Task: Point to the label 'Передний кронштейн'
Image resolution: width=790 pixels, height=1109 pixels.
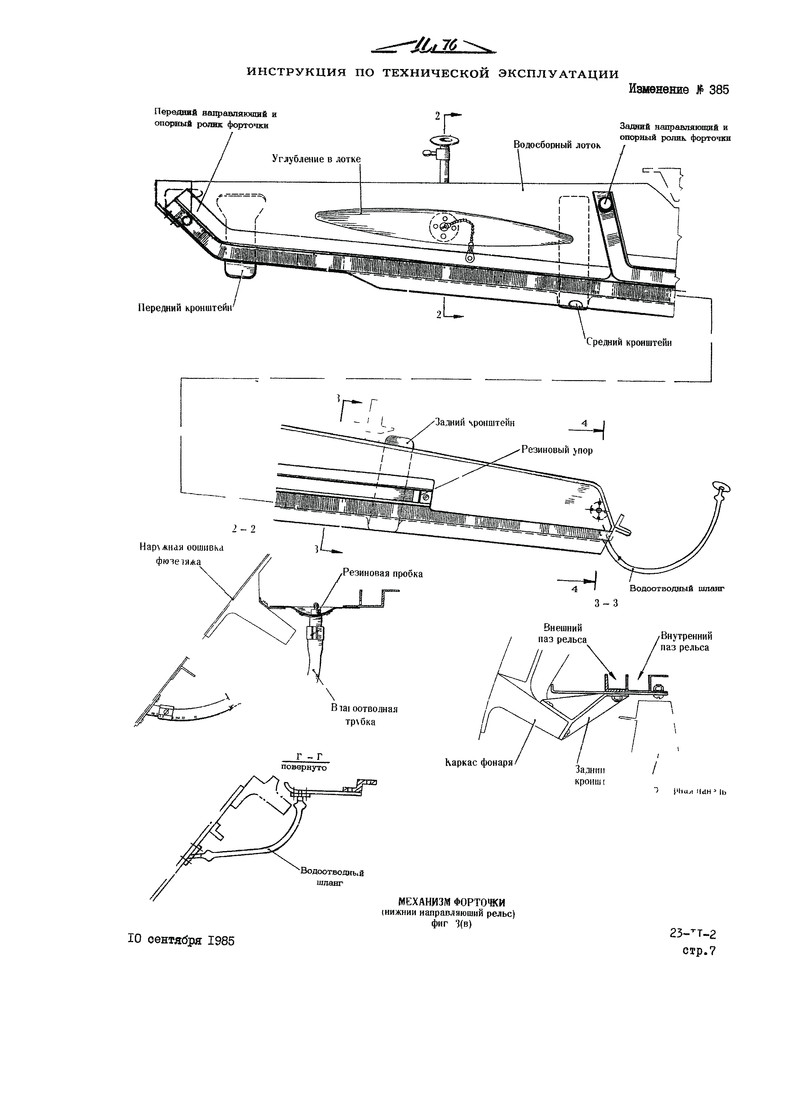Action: tap(185, 307)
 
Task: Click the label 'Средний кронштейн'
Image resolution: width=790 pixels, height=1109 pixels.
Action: tap(629, 342)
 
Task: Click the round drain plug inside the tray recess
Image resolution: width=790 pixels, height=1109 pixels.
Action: tap(442, 227)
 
